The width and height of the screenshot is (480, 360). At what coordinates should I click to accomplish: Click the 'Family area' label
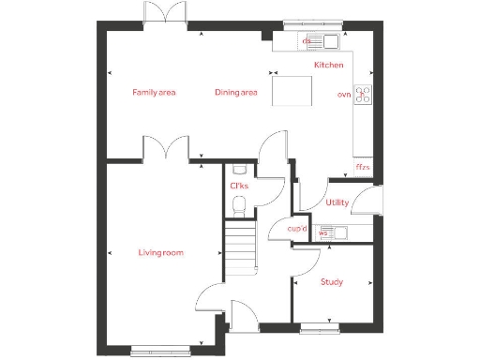(x=154, y=92)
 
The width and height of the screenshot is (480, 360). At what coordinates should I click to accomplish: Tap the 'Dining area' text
(x=235, y=92)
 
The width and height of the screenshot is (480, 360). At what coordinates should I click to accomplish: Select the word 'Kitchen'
(x=328, y=65)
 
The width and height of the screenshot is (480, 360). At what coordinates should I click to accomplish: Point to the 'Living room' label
(x=160, y=253)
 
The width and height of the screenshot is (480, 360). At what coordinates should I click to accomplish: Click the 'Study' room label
(x=331, y=281)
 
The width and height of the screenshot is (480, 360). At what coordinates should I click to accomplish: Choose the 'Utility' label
(x=337, y=202)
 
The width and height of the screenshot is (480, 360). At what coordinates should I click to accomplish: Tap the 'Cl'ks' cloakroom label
(x=238, y=186)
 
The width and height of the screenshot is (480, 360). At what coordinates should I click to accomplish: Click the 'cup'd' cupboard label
(x=297, y=228)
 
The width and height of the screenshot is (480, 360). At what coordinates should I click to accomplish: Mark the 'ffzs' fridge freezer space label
(x=362, y=167)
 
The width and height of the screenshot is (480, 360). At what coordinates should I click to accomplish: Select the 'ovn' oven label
(x=343, y=95)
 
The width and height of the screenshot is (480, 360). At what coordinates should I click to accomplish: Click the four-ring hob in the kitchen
(x=363, y=95)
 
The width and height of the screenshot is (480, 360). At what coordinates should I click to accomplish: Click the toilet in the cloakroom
(x=239, y=204)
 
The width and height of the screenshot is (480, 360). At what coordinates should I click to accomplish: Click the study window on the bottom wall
(x=314, y=327)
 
